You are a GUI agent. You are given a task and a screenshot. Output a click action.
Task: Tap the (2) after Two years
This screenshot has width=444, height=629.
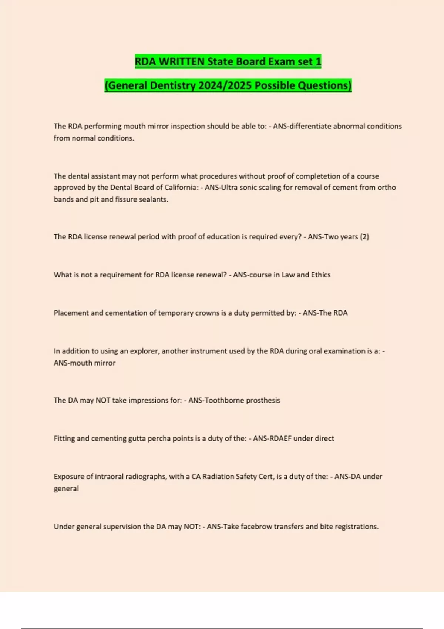pos(364,237)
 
